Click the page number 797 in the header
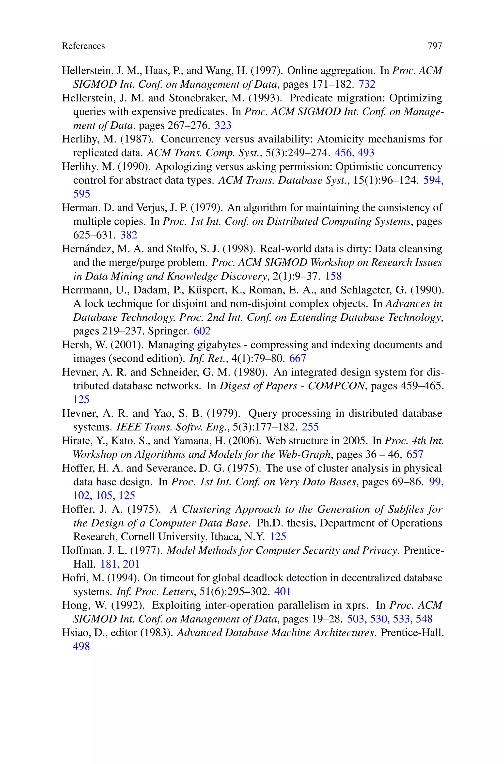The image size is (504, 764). (x=435, y=46)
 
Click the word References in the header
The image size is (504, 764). (x=83, y=46)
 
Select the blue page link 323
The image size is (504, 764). (x=223, y=125)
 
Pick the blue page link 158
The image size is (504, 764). (x=333, y=276)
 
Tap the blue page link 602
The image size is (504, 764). (x=202, y=331)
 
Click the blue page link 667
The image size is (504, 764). (x=298, y=358)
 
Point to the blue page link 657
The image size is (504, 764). (x=415, y=454)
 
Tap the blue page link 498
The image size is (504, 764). (x=81, y=646)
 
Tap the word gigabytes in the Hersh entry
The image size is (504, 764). (x=219, y=345)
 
